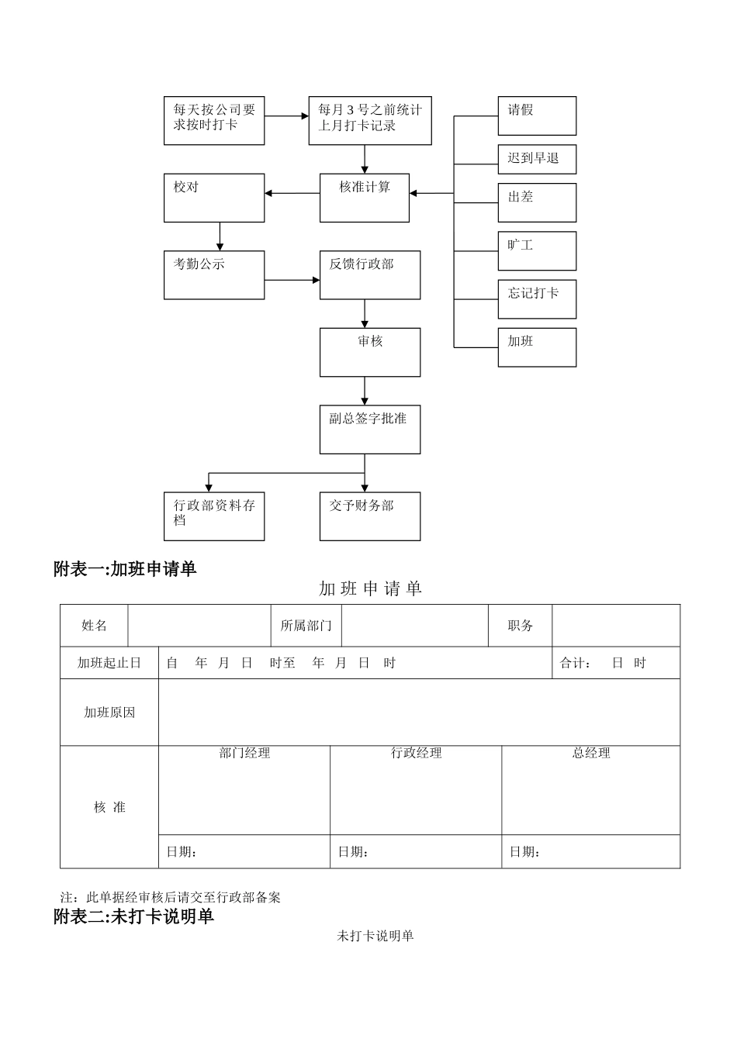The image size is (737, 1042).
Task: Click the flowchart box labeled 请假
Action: coord(537,116)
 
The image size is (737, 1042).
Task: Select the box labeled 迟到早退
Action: coord(537,159)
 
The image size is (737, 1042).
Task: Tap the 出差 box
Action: coord(537,202)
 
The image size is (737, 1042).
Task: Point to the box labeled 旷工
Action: coord(537,250)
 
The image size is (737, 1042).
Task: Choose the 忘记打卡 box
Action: coord(537,298)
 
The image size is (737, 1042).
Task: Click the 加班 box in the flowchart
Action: coord(537,347)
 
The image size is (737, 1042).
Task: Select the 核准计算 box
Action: coord(365,198)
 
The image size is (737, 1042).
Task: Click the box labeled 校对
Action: coord(214,198)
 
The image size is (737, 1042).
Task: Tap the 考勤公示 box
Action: coord(214,274)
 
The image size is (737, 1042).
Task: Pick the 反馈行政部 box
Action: coord(370,274)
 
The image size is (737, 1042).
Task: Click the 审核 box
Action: coord(370,352)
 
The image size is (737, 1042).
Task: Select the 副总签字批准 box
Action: coord(370,429)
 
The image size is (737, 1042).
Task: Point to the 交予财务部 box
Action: coord(370,516)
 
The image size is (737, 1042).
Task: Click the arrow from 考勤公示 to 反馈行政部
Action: coord(292,280)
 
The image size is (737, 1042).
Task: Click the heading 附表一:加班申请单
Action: coord(125,569)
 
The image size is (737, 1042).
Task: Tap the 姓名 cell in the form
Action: coord(94,626)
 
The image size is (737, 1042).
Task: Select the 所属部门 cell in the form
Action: coord(306,626)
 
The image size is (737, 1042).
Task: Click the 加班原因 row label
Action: coord(109,712)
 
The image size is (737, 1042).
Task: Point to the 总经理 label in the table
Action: coord(591,753)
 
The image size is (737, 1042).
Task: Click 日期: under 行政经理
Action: coord(353,852)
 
